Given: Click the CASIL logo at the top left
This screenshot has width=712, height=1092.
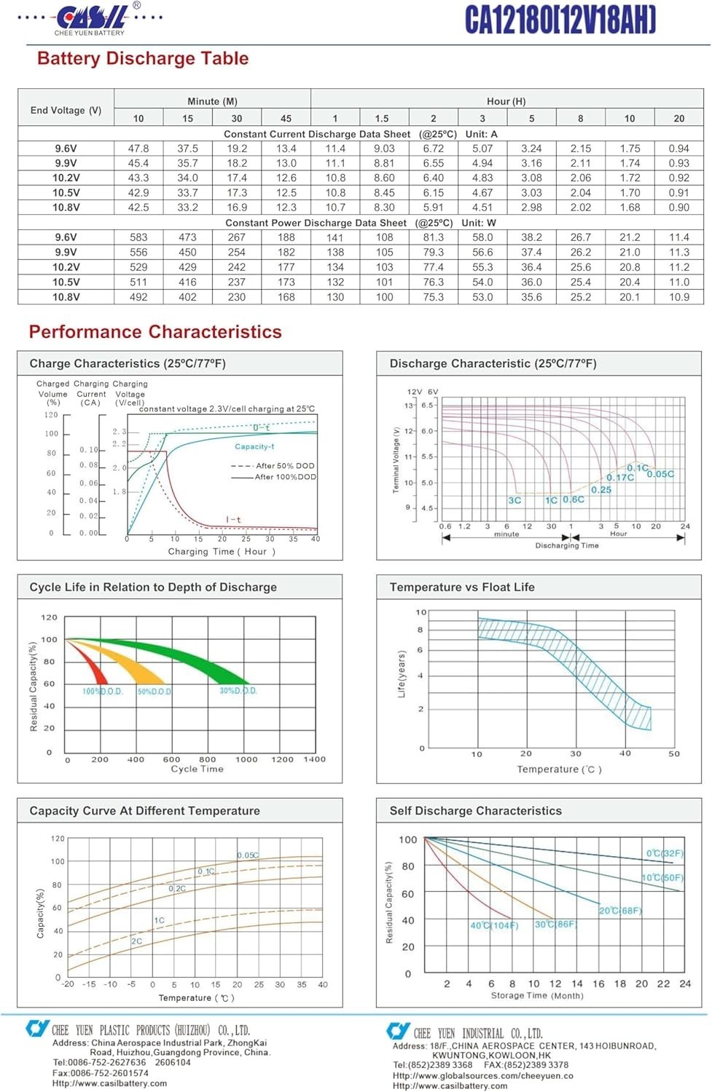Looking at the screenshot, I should point(91,17).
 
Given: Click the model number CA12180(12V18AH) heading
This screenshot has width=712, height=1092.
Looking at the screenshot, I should point(560,20).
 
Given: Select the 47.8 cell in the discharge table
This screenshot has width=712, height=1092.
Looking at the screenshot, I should point(138,149).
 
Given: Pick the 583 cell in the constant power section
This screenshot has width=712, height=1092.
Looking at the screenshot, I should point(138,237).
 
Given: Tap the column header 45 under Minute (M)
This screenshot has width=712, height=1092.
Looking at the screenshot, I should point(286,119).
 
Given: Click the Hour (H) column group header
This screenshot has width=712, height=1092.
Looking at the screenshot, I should point(506,101).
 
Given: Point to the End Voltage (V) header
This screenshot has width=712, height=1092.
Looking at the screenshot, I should point(66,110).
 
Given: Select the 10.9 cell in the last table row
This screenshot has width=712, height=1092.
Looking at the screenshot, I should point(678,297).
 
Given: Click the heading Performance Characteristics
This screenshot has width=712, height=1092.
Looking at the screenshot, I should point(155,332).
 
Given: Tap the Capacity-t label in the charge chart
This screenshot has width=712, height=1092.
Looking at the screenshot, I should point(254,446).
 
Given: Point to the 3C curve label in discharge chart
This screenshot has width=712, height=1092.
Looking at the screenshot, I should point(515,500).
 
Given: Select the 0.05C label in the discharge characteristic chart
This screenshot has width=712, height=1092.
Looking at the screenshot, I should point(660,474).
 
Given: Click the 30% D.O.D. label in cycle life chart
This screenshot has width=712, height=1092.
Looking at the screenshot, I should point(238,690).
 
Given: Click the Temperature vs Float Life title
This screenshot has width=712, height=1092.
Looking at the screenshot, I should point(462,587).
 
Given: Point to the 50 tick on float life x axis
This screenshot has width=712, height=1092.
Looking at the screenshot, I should point(674,753).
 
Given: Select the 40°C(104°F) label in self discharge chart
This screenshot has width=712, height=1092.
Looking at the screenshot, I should point(494,925).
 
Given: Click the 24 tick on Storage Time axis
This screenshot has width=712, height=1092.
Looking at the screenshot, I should point(685,984).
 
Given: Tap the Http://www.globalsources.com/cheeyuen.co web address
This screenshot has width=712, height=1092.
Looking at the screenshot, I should point(483,1075).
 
